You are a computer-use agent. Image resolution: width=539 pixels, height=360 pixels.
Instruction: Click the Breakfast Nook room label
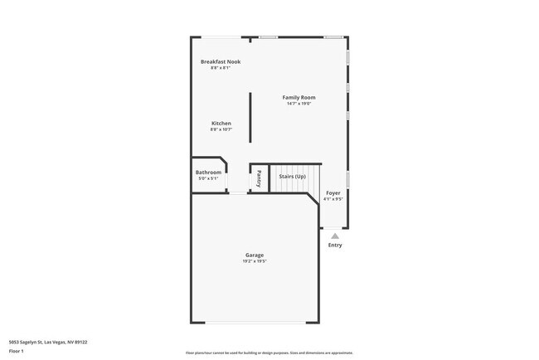point(221,61)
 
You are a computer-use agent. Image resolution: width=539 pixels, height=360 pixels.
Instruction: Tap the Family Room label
point(299,97)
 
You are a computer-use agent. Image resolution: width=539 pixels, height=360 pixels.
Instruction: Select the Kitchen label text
point(221,124)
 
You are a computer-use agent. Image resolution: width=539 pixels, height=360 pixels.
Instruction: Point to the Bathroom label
point(208,173)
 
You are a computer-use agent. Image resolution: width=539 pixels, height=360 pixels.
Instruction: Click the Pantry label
point(259,178)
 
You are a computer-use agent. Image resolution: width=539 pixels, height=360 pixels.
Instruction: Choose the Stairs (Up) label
point(292,177)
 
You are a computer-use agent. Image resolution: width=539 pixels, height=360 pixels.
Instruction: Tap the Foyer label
point(333,192)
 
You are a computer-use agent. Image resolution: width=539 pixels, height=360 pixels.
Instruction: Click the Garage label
point(254,255)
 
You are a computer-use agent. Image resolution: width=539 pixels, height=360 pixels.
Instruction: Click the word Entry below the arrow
point(335,245)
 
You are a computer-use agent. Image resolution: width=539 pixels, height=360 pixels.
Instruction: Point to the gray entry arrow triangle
point(335,236)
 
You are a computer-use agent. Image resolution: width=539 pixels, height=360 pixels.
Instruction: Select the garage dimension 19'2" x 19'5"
point(254,261)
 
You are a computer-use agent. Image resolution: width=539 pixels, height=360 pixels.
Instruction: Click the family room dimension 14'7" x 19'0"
point(299,104)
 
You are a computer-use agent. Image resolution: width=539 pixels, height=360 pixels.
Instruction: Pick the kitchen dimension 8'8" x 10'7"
point(221,129)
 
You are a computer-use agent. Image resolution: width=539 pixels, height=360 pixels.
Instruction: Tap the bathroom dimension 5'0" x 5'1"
point(208,178)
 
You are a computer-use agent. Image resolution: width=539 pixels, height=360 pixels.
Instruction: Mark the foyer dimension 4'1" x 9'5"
point(333,198)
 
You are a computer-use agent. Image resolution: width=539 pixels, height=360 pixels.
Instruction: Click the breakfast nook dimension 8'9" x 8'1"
point(221,68)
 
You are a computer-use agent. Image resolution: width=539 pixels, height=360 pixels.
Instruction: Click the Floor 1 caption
point(17,351)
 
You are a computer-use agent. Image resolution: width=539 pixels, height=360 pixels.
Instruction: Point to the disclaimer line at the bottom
point(269,353)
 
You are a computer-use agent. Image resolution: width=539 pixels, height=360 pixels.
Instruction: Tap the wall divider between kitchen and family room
point(250,117)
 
